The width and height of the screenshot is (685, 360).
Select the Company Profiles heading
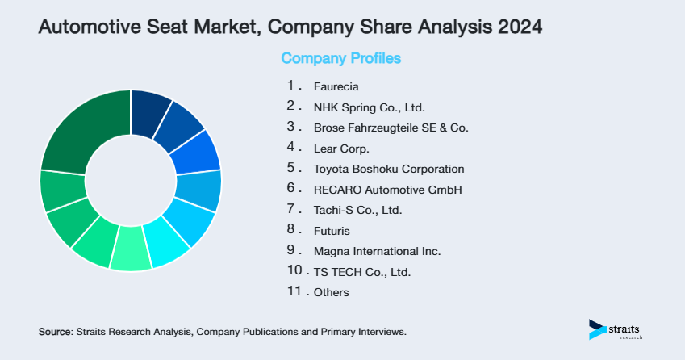(340, 58)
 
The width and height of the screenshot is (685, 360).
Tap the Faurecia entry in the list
(336, 86)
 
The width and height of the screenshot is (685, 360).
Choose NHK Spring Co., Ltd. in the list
(369, 107)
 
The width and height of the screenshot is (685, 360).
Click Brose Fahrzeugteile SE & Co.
(391, 128)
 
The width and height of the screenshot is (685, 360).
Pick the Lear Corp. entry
(341, 149)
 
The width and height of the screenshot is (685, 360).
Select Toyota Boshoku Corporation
(389, 169)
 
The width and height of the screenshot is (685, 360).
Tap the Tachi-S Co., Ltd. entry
(357, 210)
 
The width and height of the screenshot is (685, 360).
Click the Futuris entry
(332, 231)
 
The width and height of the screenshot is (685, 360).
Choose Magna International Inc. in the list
(377, 251)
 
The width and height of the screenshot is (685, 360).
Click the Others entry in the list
(332, 292)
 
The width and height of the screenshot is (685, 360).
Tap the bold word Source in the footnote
(56, 332)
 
